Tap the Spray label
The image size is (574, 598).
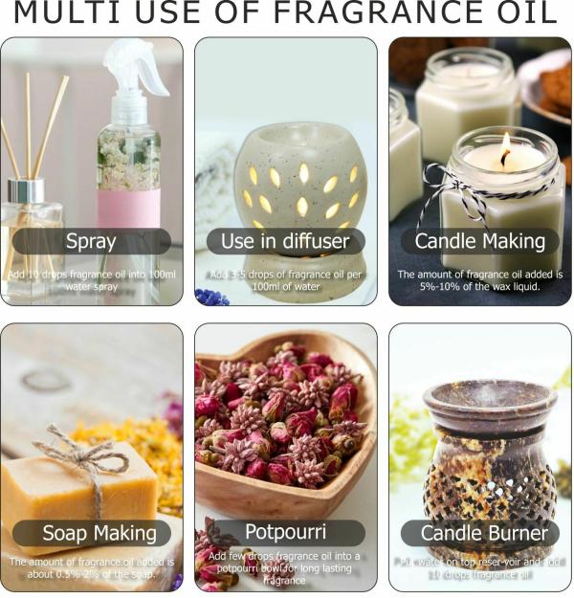click(x=92, y=241)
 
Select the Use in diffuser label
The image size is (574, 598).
click(x=285, y=241)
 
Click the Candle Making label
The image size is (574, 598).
click(x=479, y=241)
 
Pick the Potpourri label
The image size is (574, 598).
click(x=285, y=533)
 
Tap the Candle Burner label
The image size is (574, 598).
click(x=479, y=533)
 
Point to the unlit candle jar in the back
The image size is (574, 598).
click(x=467, y=91)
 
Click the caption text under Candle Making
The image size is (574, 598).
click(x=479, y=280)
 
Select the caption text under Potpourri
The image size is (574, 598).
click(x=285, y=568)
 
